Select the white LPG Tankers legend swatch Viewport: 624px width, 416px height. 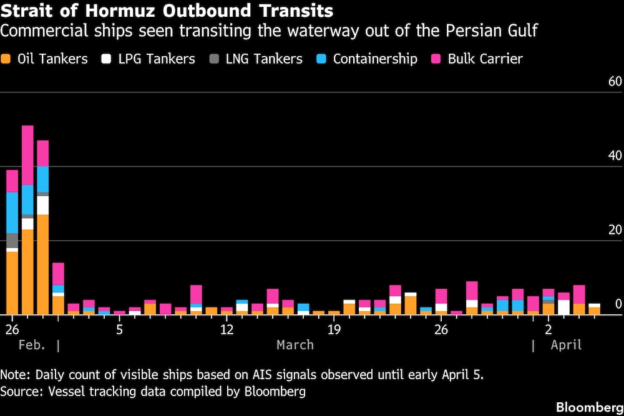click(107, 59)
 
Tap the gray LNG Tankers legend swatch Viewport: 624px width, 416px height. click(214, 59)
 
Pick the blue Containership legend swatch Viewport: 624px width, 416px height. click(321, 59)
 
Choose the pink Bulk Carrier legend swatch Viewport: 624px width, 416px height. click(436, 59)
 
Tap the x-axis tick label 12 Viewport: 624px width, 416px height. click(227, 329)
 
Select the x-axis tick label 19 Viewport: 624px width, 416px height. click(334, 329)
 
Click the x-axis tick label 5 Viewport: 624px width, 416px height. click(119, 329)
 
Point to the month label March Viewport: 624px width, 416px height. click(295, 345)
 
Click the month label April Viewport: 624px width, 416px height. click(566, 345)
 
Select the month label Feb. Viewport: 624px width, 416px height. click(32, 345)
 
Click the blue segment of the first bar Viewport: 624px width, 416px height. click(12, 213)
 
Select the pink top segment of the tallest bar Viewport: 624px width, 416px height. click(27, 155)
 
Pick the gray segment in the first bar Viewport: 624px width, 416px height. click(12, 241)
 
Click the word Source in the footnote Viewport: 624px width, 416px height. click(20, 392)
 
